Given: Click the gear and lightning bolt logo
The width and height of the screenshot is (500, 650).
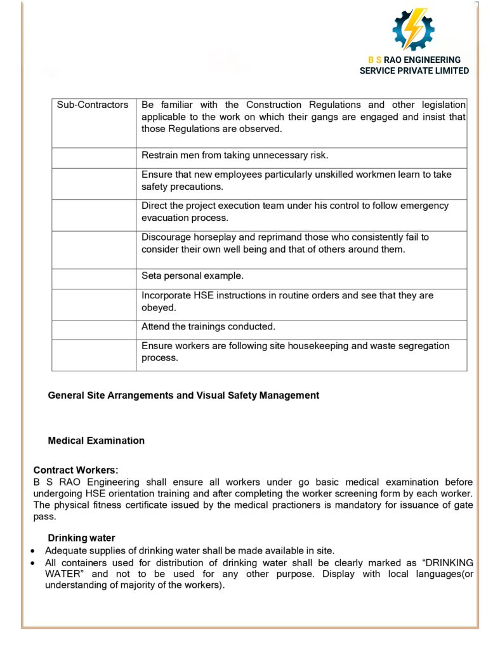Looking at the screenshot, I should [413, 29].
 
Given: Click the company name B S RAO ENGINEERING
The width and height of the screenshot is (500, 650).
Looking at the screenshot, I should [414, 60].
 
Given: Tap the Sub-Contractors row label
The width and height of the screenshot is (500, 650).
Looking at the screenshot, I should [93, 105].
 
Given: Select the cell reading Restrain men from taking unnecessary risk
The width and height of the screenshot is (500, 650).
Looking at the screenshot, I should [235, 155].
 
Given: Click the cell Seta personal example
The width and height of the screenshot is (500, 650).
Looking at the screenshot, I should [192, 276].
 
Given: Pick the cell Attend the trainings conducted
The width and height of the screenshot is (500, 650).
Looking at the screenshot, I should [208, 327].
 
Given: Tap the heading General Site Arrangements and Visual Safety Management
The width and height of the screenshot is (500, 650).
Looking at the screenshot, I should [183, 395].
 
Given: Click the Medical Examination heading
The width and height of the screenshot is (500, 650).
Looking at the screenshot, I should [96, 441].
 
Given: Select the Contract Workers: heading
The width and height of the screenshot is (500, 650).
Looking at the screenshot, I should [76, 470].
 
